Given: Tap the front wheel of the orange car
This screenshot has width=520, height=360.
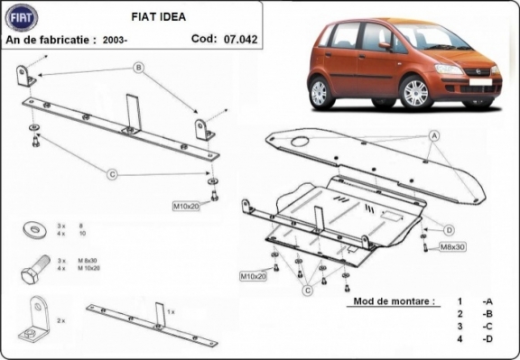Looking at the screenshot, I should pyautogui.click(x=415, y=92).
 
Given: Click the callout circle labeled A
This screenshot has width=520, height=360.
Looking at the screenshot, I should pyautogui.click(x=434, y=136).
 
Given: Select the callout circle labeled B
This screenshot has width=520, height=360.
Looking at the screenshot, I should pyautogui.click(x=139, y=68).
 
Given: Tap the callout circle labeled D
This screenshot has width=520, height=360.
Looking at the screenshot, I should pyautogui.click(x=449, y=229).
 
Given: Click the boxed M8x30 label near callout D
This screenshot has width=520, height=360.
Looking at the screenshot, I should pyautogui.click(x=451, y=246).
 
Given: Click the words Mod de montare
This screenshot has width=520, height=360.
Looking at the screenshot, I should pyautogui.click(x=394, y=300).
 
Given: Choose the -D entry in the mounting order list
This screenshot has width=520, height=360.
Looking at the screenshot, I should pyautogui.click(x=487, y=338).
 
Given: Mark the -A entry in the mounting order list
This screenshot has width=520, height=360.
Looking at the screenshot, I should pyautogui.click(x=487, y=300).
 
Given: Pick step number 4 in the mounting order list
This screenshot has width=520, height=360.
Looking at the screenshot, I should pyautogui.click(x=459, y=338).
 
